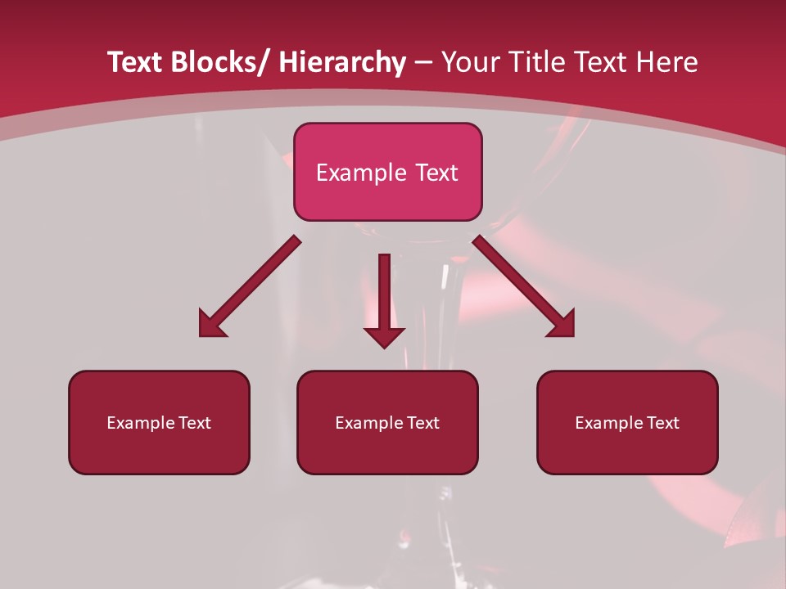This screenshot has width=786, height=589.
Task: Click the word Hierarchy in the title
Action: (x=341, y=62)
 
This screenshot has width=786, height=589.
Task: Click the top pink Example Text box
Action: (x=387, y=172)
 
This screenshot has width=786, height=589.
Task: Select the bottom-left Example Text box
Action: (x=159, y=422)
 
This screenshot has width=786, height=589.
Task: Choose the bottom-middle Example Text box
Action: (x=387, y=422)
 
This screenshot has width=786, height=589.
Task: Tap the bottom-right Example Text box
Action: (x=627, y=422)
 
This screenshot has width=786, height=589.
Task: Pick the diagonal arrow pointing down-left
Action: (x=250, y=286)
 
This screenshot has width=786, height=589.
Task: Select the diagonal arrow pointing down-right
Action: (x=523, y=286)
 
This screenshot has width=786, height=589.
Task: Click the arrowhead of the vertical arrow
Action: (x=384, y=335)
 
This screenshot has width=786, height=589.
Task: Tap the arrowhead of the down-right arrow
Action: (x=562, y=325)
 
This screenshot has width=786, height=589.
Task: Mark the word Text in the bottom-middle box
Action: (x=423, y=423)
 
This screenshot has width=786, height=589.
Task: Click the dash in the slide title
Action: (x=423, y=63)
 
